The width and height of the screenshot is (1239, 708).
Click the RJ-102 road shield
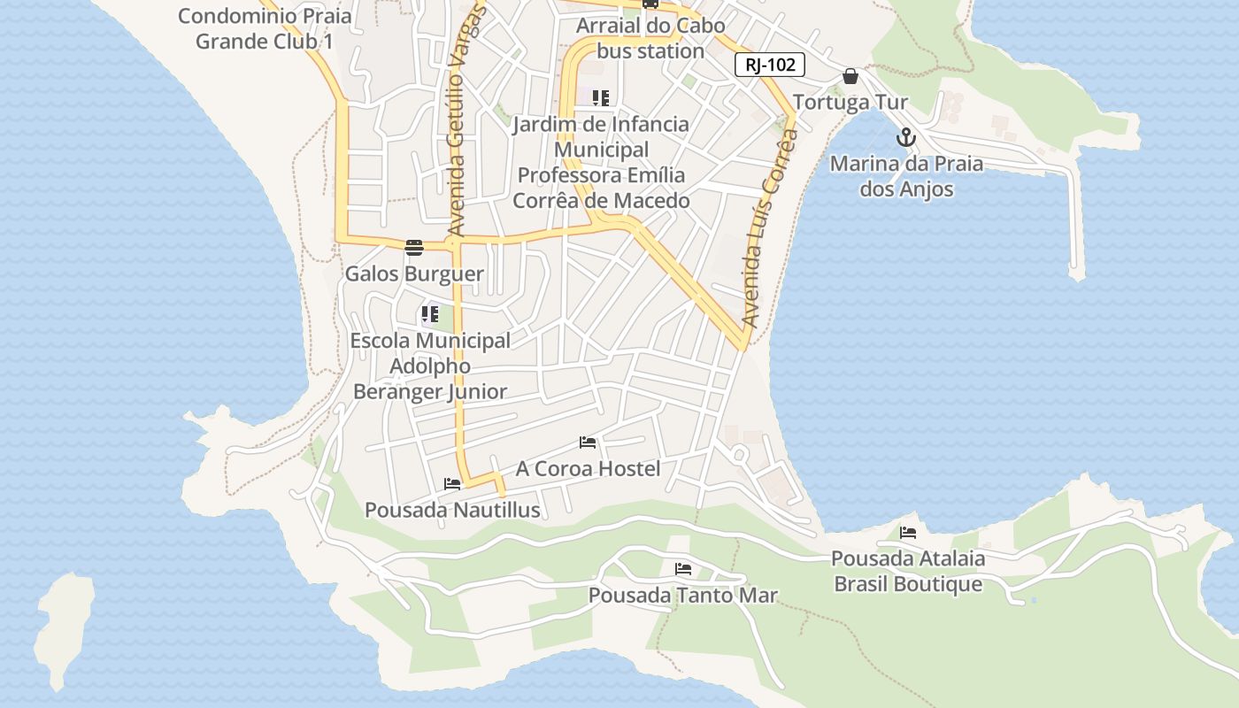tap(769, 64)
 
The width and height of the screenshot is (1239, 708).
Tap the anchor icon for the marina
tap(905, 137)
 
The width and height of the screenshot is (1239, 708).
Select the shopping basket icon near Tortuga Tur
tap(850, 76)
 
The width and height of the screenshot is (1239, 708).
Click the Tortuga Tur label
tap(850, 103)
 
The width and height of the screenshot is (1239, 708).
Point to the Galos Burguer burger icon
tap(414, 247)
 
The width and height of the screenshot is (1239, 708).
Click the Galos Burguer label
tap(414, 273)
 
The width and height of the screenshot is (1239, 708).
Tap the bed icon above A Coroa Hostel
tap(588, 442)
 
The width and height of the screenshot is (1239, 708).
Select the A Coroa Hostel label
tap(588, 468)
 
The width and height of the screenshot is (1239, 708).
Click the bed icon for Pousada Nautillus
tap(452, 484)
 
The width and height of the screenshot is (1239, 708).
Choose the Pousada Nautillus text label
tap(452, 511)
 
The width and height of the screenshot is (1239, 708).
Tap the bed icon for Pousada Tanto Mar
tap(682, 568)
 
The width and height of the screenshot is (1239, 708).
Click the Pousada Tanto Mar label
tap(682, 596)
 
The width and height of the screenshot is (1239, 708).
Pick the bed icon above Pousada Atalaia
tap(908, 532)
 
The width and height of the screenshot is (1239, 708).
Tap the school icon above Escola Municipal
tap(430, 313)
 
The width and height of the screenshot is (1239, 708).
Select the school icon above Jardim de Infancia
tap(601, 97)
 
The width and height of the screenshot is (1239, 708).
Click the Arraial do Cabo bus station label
tap(650, 38)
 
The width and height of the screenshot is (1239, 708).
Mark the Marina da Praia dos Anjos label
tap(906, 176)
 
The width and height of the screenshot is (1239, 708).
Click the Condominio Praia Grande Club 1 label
tap(264, 28)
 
